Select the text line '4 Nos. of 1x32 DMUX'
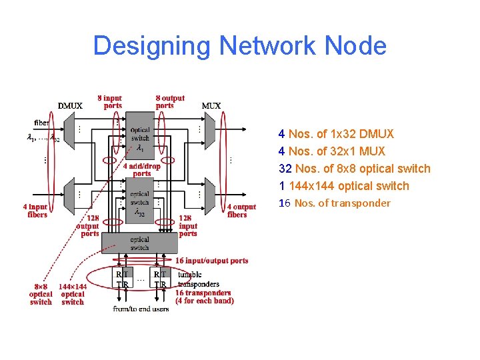pyautogui.click(x=336, y=134)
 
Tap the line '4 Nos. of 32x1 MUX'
pyautogui.click(x=331, y=151)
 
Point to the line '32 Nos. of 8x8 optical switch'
pyautogui.click(x=354, y=169)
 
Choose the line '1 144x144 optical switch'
pyautogui.click(x=343, y=186)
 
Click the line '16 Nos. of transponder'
pyautogui.click(x=334, y=203)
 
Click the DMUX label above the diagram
pyautogui.click(x=70, y=105)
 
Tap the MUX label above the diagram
pyautogui.click(x=211, y=105)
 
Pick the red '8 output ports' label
pyautogui.click(x=170, y=101)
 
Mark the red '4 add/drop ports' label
pyautogui.click(x=141, y=170)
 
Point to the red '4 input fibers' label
pyautogui.click(x=37, y=211)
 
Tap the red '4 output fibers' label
pyautogui.click(x=241, y=211)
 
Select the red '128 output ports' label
pyautogui.click(x=89, y=226)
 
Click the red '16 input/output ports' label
pyautogui.click(x=211, y=261)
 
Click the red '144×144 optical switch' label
pyautogui.click(x=73, y=294)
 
